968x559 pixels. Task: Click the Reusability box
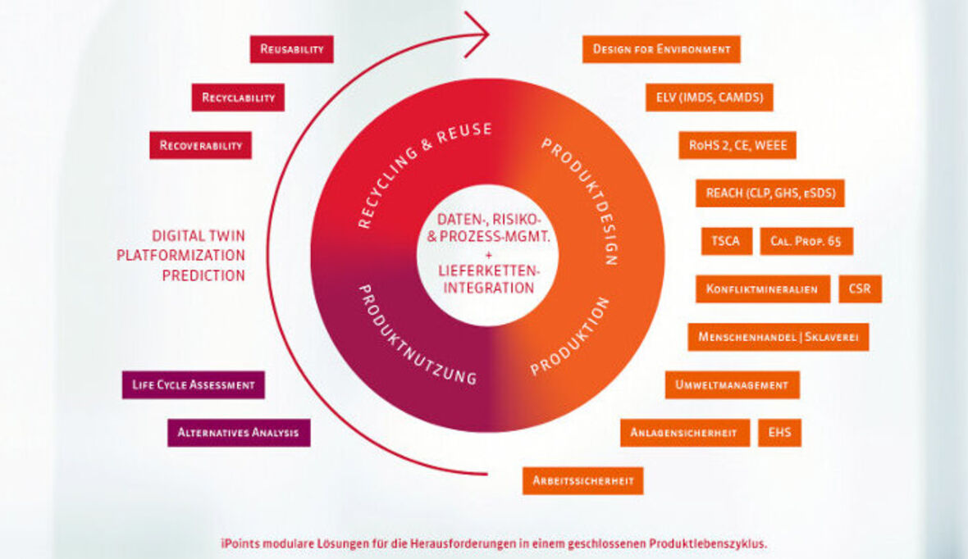point(291,49)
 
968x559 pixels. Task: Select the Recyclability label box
point(238,98)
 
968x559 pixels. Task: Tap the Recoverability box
point(200,145)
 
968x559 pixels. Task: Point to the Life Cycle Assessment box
point(193,384)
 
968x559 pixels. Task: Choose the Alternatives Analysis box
point(239,432)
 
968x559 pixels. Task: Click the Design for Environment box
point(661,49)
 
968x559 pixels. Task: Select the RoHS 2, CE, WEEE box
point(737,145)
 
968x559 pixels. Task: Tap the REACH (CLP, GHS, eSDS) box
point(769,193)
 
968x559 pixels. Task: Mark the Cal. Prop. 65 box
point(806,241)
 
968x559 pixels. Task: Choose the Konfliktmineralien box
point(762,289)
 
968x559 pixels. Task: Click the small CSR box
point(860,289)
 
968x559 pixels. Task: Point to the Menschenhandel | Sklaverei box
point(778,337)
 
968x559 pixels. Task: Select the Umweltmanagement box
point(732,384)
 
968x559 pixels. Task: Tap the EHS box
point(779,432)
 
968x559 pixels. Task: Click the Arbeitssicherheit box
point(582,480)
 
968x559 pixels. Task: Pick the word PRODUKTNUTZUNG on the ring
point(418,334)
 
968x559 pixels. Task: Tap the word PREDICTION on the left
point(203,275)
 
